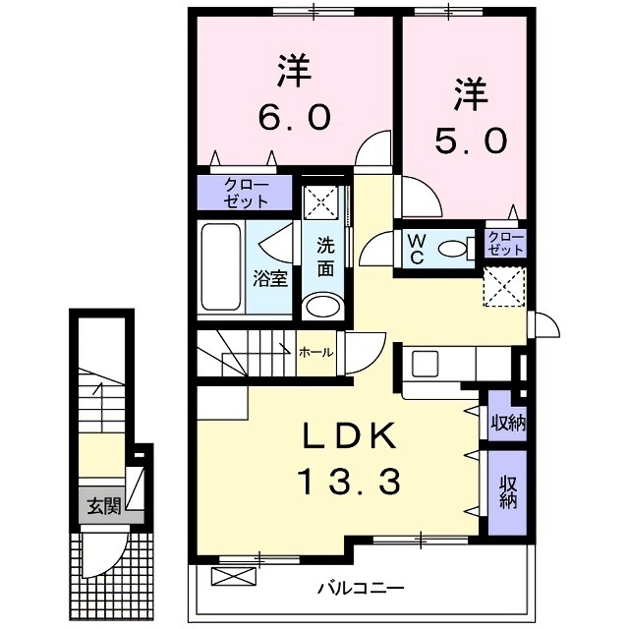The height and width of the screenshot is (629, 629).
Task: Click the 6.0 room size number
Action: pyautogui.click(x=294, y=117)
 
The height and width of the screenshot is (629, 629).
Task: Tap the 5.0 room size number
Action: pyautogui.click(x=470, y=141)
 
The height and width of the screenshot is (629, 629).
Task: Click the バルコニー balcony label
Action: pyautogui.click(x=360, y=589)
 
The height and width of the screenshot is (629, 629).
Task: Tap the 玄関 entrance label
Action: pyautogui.click(x=102, y=507)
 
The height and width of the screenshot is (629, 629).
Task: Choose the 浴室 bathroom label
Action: pyautogui.click(x=270, y=277)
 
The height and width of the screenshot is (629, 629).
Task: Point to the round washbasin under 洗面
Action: pyautogui.click(x=322, y=307)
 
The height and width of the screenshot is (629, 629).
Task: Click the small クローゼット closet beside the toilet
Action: pyautogui.click(x=505, y=243)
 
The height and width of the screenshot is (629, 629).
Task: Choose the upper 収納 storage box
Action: pyautogui.click(x=508, y=424)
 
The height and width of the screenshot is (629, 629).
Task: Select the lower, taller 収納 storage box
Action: pyautogui.click(x=508, y=491)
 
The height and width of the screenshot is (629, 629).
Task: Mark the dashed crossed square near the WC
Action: pyautogui.click(x=506, y=287)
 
